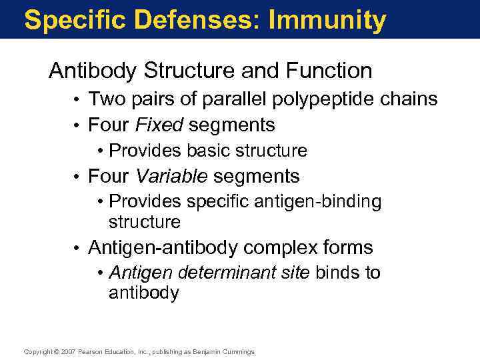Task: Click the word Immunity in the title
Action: pyautogui.click(x=327, y=21)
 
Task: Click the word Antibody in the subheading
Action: pyautogui.click(x=93, y=71)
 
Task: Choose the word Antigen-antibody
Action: pyautogui.click(x=163, y=248)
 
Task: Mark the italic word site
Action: pyautogui.click(x=296, y=273)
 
